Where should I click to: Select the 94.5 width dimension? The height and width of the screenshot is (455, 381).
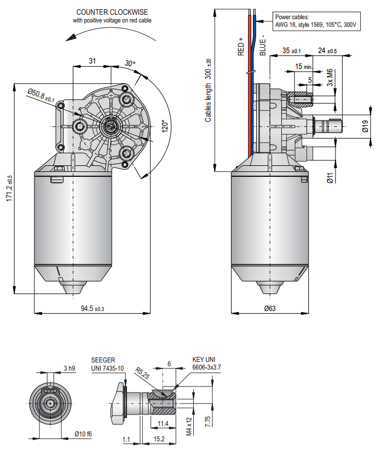coord(92,309)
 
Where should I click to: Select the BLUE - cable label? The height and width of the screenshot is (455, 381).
coord(263,47)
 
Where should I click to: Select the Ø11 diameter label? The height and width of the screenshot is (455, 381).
coord(330,178)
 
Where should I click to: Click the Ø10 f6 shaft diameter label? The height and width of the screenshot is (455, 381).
coord(84,434)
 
